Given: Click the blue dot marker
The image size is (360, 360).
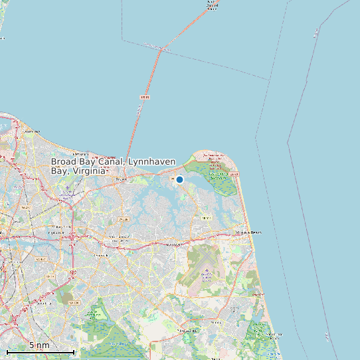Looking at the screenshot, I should (179, 179).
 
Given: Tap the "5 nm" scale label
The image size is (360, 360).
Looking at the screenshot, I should (39, 345).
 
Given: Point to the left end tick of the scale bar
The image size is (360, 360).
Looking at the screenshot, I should (7, 351).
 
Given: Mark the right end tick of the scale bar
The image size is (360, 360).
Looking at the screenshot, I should (74, 351).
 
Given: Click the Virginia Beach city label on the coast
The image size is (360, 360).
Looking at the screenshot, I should (248, 232).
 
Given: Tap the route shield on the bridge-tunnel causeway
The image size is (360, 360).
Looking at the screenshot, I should (145, 98).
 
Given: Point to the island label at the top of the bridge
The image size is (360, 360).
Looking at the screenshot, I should (211, 7).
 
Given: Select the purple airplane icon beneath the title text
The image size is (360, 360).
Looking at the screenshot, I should (66, 188).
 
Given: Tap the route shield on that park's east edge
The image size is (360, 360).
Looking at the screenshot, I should (233, 173).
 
